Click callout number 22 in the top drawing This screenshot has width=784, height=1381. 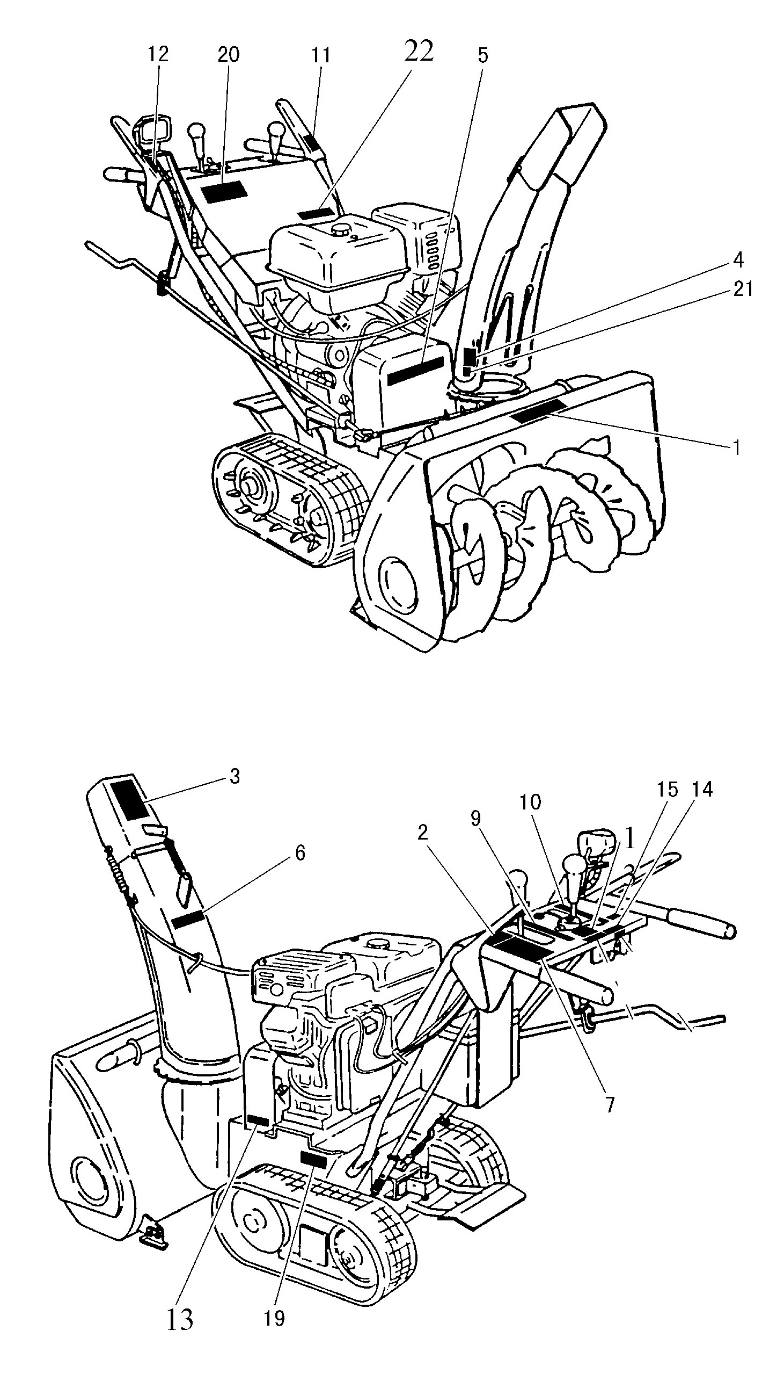pyautogui.click(x=419, y=52)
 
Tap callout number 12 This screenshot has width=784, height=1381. pyautogui.click(x=159, y=54)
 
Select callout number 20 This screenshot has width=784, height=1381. pyautogui.click(x=228, y=54)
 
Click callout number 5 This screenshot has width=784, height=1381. pyautogui.click(x=482, y=55)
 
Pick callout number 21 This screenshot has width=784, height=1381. pyautogui.click(x=743, y=290)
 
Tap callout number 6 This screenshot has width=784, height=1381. pyautogui.click(x=300, y=853)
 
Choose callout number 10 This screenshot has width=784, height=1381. pyautogui.click(x=530, y=802)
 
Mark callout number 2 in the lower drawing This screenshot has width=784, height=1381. pyautogui.click(x=423, y=833)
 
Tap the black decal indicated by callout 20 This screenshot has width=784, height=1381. pyautogui.click(x=224, y=192)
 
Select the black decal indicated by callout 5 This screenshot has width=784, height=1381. pyautogui.click(x=415, y=370)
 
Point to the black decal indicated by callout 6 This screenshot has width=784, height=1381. pyautogui.click(x=188, y=920)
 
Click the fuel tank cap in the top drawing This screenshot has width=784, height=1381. pyautogui.click(x=341, y=230)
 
